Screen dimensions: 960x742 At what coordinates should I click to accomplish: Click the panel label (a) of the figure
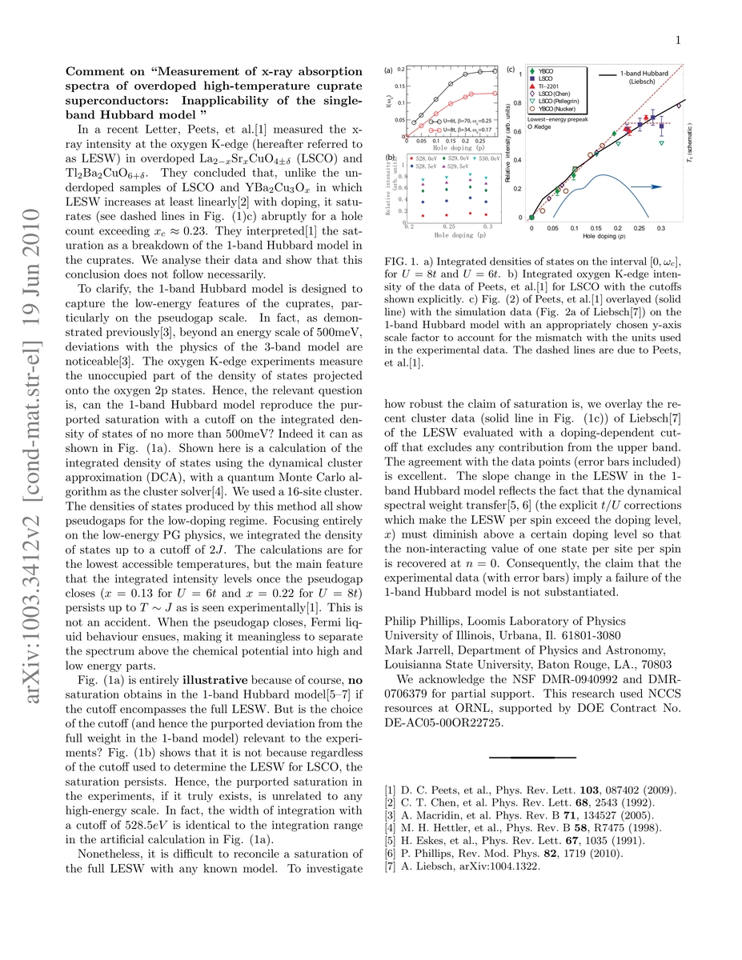tap(389, 70)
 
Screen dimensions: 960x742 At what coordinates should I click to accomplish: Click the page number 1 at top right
tap(700, 39)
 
